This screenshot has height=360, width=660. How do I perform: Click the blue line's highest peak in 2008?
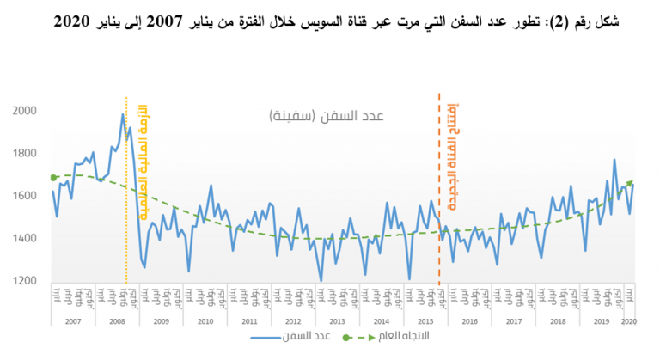coord(123,114)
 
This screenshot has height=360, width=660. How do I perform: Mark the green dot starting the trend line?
coord(53,178)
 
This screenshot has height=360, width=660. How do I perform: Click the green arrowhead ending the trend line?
coord(632,181)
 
